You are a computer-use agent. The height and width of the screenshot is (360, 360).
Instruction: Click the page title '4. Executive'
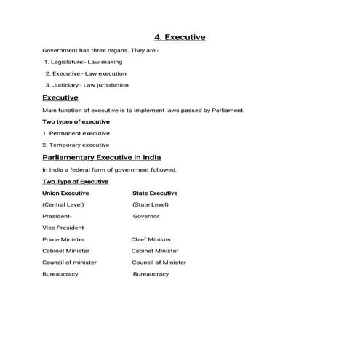click(180, 37)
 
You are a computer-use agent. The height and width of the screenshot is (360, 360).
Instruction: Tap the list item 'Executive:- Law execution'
click(85, 73)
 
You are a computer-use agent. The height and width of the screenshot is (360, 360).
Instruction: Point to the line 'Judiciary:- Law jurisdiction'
click(87, 85)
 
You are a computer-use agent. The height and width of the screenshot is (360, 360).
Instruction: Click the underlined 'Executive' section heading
click(60, 97)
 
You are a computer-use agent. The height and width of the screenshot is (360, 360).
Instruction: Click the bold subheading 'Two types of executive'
click(72, 121)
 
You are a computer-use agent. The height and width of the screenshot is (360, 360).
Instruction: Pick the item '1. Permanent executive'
click(76, 133)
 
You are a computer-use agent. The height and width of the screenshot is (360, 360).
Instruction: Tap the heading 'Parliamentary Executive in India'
click(102, 157)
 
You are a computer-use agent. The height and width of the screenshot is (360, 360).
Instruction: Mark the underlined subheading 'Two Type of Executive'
click(75, 181)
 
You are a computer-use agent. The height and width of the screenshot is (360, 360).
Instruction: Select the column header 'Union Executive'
click(65, 193)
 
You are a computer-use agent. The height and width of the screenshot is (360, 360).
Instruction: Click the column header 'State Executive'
click(155, 193)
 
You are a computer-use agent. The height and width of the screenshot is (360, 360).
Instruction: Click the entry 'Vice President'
click(63, 228)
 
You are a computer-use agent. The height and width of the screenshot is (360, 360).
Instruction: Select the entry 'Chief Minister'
click(151, 239)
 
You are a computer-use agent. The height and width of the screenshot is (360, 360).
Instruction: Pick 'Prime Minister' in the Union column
click(63, 239)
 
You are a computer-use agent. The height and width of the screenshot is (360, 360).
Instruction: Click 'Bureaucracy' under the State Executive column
click(151, 274)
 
